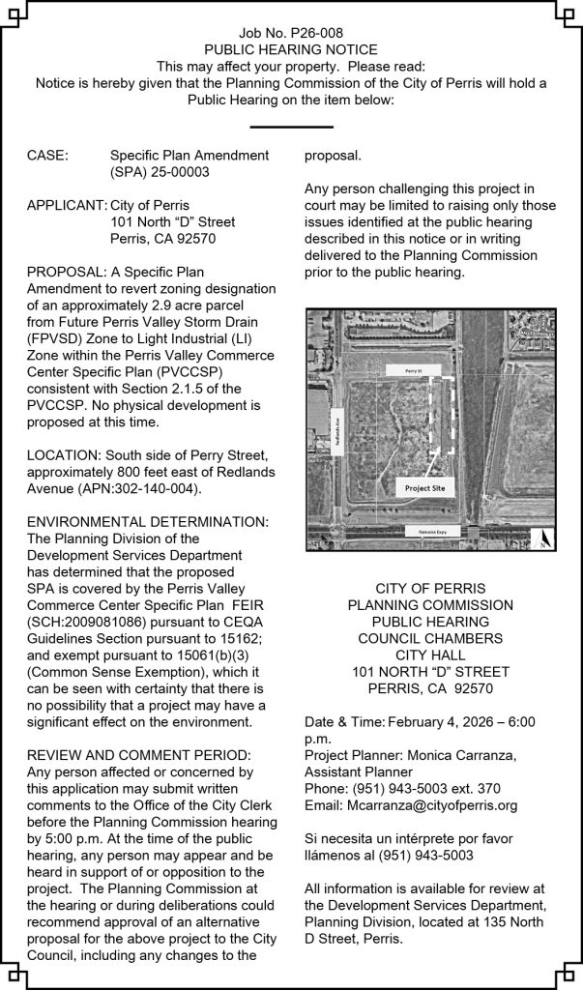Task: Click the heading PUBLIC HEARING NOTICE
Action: tap(291, 49)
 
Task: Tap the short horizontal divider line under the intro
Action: tap(291, 127)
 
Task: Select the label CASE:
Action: tap(47, 155)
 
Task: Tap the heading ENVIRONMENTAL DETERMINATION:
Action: tap(148, 522)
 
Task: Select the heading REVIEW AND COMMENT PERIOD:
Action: tap(139, 754)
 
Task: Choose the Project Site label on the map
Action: tap(424, 489)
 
